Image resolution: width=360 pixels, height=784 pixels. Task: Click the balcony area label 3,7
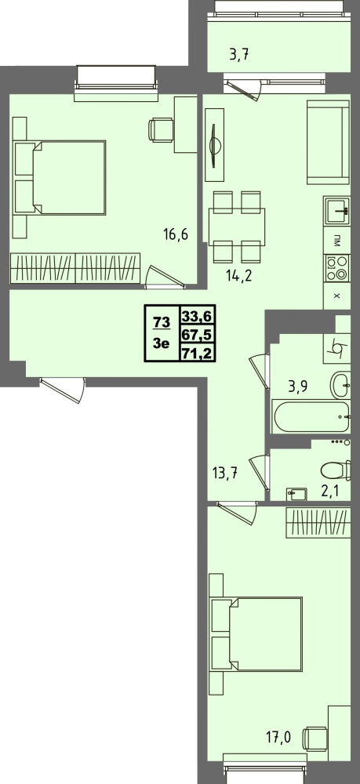click(239, 55)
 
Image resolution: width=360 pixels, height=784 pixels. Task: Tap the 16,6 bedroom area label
click(176, 234)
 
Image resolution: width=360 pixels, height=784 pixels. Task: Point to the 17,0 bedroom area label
click(279, 736)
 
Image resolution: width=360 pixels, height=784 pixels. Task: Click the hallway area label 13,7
click(224, 473)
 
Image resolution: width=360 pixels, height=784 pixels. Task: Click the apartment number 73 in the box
click(162, 322)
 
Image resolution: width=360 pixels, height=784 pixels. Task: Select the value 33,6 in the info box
click(198, 315)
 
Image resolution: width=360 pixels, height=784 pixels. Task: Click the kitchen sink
click(336, 211)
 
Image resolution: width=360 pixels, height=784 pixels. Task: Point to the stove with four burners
click(336, 268)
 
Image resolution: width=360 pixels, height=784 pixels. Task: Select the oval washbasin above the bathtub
click(340, 384)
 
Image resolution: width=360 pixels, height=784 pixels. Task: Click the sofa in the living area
click(328, 142)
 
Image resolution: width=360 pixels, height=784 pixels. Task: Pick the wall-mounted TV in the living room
click(215, 145)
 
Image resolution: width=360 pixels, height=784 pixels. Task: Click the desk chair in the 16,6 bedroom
click(161, 129)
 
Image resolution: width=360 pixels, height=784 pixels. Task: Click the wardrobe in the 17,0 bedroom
click(318, 522)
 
